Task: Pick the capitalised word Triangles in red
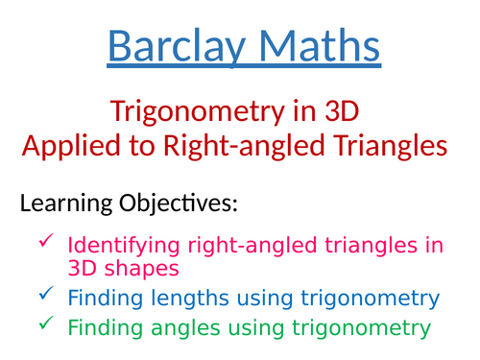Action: (x=389, y=146)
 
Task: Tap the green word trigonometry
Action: (x=354, y=328)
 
